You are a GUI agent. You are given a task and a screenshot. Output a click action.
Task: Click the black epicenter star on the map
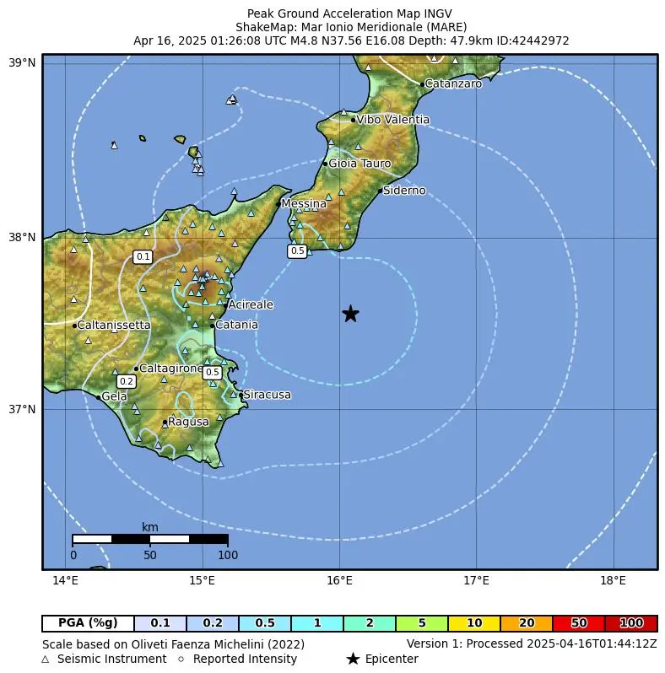(350, 314)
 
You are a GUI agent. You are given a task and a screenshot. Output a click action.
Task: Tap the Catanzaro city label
(453, 83)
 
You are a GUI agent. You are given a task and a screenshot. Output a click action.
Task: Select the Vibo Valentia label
(392, 120)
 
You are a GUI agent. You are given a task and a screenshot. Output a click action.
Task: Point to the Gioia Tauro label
(360, 163)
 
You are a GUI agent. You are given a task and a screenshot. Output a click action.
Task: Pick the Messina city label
(304, 203)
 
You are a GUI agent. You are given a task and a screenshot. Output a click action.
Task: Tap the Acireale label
(251, 304)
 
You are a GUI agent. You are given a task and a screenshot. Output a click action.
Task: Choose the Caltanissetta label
(114, 325)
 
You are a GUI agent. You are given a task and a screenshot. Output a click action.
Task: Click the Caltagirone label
(170, 369)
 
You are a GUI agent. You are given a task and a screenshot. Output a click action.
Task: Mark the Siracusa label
(267, 395)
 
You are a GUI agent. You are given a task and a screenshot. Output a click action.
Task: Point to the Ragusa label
(188, 422)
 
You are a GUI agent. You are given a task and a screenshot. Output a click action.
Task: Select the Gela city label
(114, 396)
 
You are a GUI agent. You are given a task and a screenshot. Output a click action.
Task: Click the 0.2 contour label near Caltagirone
(127, 382)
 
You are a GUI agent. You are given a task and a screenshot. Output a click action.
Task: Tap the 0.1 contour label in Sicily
(143, 256)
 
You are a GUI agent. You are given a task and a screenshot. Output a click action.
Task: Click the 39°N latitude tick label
(22, 63)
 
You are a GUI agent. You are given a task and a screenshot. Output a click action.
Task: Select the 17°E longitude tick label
(476, 581)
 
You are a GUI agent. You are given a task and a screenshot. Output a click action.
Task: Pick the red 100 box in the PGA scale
(631, 623)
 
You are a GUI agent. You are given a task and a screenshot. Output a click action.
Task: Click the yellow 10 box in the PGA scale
(474, 623)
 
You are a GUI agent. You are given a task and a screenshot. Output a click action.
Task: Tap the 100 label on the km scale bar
(228, 555)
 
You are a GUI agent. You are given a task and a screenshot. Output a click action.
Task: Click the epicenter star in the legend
(353, 659)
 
